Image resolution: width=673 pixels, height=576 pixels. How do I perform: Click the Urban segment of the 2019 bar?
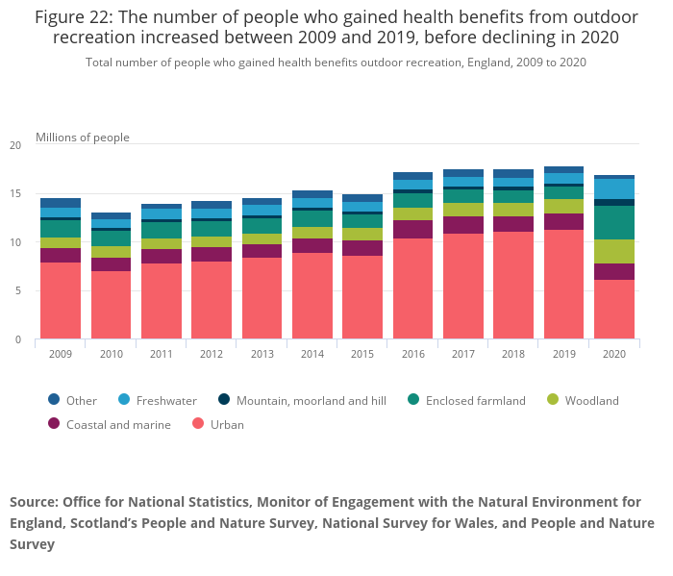[563, 284]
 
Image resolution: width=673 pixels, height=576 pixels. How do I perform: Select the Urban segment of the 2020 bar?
[613, 309]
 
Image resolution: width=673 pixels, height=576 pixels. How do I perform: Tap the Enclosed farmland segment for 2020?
[613, 222]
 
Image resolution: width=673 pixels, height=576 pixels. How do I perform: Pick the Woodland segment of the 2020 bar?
[613, 251]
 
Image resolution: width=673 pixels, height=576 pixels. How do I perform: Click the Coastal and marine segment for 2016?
[412, 229]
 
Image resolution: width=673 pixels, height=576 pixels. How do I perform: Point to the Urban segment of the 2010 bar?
[111, 304]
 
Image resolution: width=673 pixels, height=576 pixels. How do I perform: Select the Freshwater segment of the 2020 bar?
[613, 188]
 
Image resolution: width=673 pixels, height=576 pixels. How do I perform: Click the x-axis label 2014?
[312, 354]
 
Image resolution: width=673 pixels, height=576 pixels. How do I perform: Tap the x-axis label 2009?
[61, 354]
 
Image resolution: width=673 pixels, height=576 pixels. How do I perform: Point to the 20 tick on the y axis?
[14, 145]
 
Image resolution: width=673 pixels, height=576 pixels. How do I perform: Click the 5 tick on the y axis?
[17, 291]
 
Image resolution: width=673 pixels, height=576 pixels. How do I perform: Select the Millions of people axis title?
[83, 138]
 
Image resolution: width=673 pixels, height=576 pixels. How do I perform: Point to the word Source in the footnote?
[34, 502]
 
